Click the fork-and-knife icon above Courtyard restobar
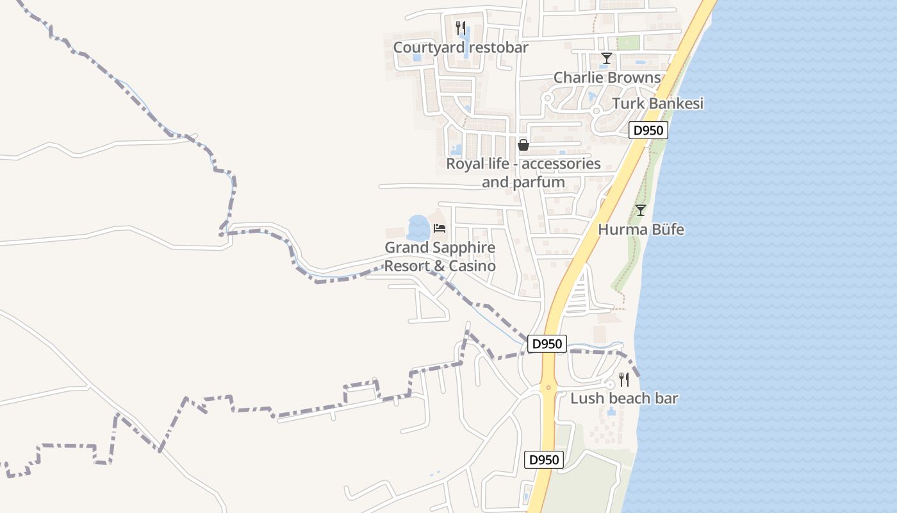coord(460,28)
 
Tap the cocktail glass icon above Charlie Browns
coord(606,59)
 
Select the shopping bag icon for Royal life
coord(523,145)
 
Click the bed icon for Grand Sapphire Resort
coord(440,228)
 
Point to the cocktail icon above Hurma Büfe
coord(640,210)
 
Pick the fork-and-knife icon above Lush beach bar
coord(624,380)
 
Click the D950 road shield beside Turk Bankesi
coord(648,131)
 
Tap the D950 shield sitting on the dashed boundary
coord(547,344)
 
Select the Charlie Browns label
coord(607,78)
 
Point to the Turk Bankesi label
coord(657,104)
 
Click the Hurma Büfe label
coord(641,229)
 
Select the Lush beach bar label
coord(624,398)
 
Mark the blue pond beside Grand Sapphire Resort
coord(418,227)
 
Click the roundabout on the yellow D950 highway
coord(548,387)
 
